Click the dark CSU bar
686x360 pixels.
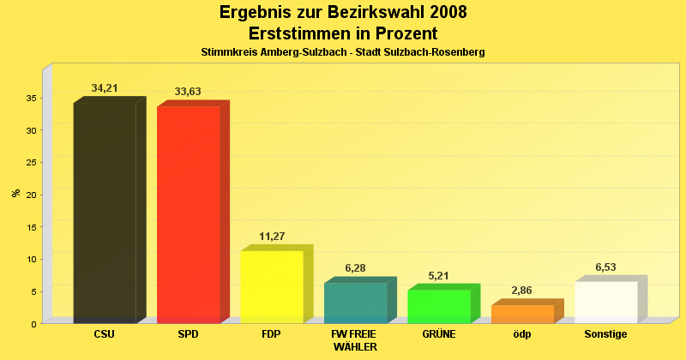coord(105,213)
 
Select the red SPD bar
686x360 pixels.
coord(189,214)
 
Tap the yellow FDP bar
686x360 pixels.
coord(272,286)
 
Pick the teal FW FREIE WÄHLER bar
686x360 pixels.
coord(355,303)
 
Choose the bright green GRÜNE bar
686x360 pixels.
coord(439,306)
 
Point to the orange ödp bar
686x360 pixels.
coord(522,314)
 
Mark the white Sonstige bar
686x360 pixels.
coord(606,302)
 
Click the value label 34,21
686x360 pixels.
coord(105,88)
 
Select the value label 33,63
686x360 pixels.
coord(188,92)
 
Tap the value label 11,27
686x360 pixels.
coord(272,237)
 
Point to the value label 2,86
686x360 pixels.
coord(522,291)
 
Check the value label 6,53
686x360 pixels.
coord(606,267)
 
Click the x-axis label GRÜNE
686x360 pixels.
coord(439,334)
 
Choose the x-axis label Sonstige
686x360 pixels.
coord(606,334)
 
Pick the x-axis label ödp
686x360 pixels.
coord(522,334)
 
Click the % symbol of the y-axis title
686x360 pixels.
coord(15,192)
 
